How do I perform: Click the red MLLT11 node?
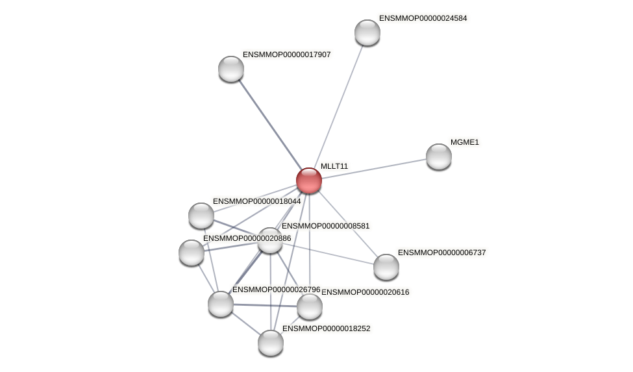click(x=309, y=180)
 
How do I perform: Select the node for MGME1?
click(x=439, y=156)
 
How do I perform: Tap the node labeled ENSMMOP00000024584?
click(x=367, y=32)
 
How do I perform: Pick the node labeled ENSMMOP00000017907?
click(x=231, y=69)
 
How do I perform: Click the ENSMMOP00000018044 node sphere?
click(x=201, y=216)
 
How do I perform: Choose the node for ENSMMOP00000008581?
click(x=270, y=240)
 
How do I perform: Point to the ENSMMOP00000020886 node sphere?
click(x=192, y=253)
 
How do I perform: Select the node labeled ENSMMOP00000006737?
click(x=386, y=267)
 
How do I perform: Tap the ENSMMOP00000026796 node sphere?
click(x=221, y=304)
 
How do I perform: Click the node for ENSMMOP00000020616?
click(x=310, y=306)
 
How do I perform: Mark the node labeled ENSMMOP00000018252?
click(x=271, y=343)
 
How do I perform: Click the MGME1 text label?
click(x=464, y=142)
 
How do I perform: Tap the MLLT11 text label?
click(x=334, y=166)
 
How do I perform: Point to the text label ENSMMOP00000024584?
click(x=423, y=18)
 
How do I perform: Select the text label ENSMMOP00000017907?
click(x=286, y=55)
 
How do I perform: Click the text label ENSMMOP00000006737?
click(x=441, y=253)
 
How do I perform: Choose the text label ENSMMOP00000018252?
click(x=326, y=329)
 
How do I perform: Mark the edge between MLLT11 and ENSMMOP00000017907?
click(x=270, y=125)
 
